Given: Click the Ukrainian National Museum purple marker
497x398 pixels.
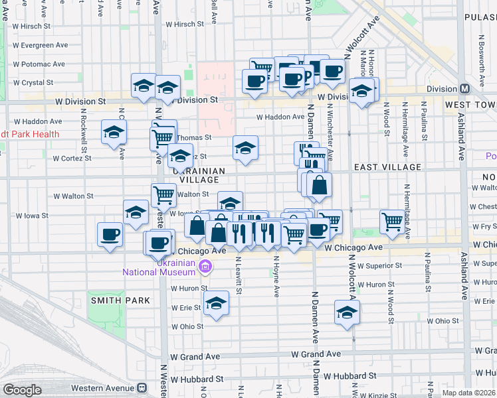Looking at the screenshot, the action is [x=205, y=267].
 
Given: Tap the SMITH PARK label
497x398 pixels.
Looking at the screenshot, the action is [x=121, y=300].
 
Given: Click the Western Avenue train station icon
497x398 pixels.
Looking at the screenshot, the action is [x=142, y=388].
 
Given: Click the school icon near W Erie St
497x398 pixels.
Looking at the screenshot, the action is [x=215, y=304].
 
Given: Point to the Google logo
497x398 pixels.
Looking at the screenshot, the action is [x=22, y=390].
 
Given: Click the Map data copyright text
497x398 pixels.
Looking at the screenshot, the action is [x=468, y=393].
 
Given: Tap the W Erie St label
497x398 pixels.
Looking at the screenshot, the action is [x=187, y=308].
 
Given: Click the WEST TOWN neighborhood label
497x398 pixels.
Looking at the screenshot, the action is [x=469, y=105].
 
